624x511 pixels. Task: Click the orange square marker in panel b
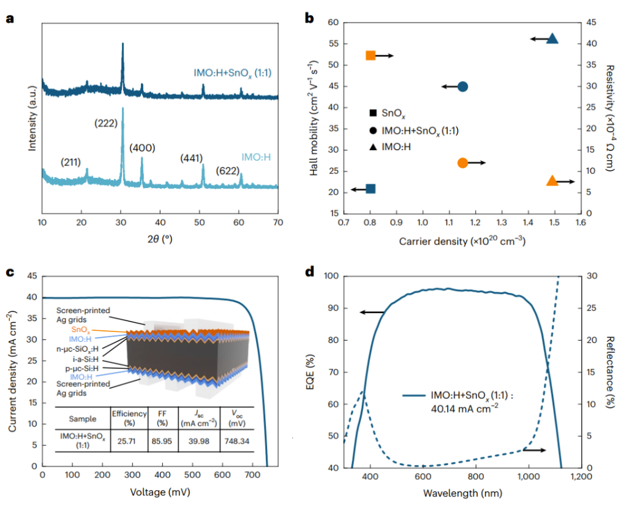370,56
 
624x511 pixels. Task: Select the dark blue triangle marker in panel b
552,39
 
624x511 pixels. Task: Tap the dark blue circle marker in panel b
463,87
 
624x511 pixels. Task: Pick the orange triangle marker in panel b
552,181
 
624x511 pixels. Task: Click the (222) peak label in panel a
106,123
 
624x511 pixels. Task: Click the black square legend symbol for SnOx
373,113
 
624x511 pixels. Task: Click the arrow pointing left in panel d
371,312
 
